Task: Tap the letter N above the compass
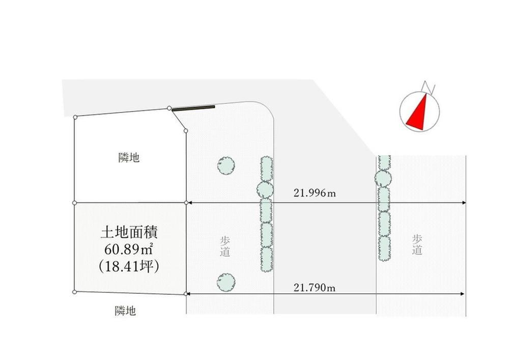(428, 88)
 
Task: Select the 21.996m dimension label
(315, 193)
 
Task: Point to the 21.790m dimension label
(315, 288)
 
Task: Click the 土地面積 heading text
(129, 233)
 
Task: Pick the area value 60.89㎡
(129, 250)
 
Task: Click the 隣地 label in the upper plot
(129, 158)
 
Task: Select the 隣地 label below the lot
(125, 311)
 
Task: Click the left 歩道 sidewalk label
(225, 246)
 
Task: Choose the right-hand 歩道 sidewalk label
(417, 245)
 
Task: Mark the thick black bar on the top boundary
(193, 108)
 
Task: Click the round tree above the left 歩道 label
(227, 165)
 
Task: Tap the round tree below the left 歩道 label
(227, 282)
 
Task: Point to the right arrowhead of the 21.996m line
(464, 203)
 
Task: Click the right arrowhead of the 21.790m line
(462, 294)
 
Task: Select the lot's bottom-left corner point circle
(75, 292)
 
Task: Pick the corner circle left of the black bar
(169, 108)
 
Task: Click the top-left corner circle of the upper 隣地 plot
(75, 117)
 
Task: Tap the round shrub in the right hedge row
(383, 178)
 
